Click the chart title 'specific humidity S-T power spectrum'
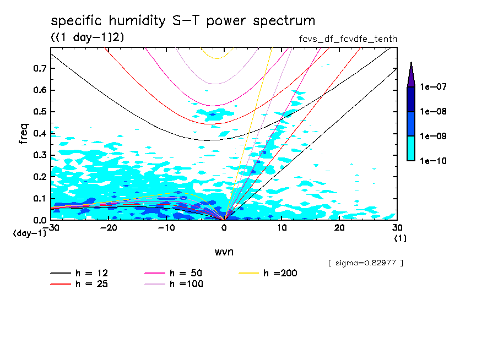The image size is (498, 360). pyautogui.click(x=183, y=21)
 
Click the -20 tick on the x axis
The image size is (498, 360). pyautogui.click(x=109, y=227)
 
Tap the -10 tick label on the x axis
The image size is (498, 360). pyautogui.click(x=166, y=227)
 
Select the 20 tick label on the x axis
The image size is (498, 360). pyautogui.click(x=339, y=227)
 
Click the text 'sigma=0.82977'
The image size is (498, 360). pyautogui.click(x=366, y=263)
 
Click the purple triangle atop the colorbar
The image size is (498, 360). pyautogui.click(x=411, y=74)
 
